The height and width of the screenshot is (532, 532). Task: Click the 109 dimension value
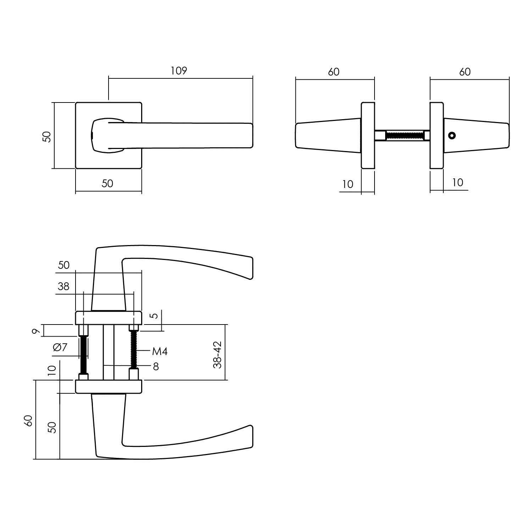[178, 71]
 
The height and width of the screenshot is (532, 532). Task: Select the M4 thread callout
[160, 351]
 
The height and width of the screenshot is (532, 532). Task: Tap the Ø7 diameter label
[60, 347]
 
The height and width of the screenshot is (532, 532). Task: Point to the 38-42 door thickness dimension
[217, 355]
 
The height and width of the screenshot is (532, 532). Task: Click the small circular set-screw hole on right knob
[451, 135]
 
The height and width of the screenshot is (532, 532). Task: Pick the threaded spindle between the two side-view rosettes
[404, 135]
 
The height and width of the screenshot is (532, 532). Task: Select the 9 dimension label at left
[35, 331]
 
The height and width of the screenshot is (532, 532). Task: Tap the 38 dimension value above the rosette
[63, 286]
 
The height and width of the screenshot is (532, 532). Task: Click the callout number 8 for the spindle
[156, 366]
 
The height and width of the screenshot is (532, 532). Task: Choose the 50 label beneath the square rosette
[107, 183]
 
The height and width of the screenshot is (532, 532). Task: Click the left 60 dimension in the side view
[333, 72]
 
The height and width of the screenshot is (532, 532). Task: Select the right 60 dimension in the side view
[465, 72]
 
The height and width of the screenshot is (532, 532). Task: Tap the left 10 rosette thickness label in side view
[348, 184]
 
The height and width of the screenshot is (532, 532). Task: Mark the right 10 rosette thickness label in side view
[458, 182]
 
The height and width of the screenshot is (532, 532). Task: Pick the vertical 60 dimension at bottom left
[29, 420]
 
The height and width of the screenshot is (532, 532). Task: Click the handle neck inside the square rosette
[106, 135]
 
